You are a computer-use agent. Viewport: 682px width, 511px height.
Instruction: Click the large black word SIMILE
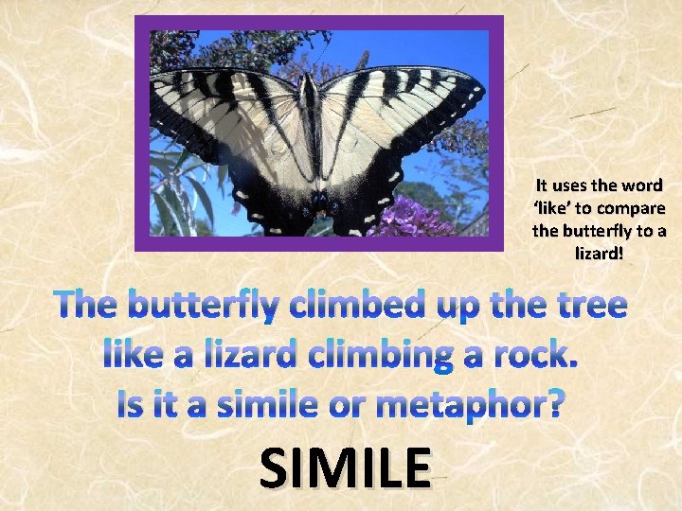(x=343, y=467)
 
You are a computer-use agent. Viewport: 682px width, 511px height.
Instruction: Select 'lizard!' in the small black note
(x=599, y=253)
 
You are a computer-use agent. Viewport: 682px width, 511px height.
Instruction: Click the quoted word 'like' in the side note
(x=545, y=207)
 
